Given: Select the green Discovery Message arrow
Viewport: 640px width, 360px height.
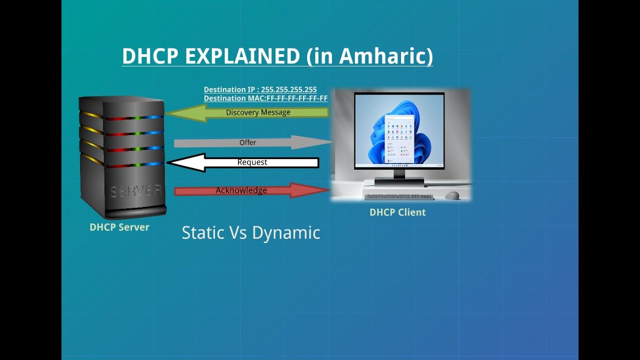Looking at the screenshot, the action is click(247, 113).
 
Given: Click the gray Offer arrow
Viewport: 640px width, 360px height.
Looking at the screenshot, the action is click(253, 142).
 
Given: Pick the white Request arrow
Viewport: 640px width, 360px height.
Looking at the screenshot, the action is click(242, 162).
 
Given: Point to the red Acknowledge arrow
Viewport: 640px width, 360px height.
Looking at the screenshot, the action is click(252, 190).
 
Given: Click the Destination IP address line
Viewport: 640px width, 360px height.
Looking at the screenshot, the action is click(260, 89).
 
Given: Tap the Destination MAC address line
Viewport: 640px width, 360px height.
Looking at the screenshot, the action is click(265, 98).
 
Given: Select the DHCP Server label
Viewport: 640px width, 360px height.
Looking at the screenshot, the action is click(119, 227).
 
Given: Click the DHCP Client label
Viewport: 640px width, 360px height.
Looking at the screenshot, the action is click(397, 212).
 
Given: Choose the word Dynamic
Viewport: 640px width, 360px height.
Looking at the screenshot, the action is click(286, 233).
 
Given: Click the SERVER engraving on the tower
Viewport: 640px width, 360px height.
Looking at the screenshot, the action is click(136, 191).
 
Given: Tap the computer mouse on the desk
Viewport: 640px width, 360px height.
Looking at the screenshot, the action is click(452, 195).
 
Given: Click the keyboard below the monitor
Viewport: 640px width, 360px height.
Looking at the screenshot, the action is click(399, 197).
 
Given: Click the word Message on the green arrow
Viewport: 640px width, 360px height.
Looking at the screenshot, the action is click(275, 112).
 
